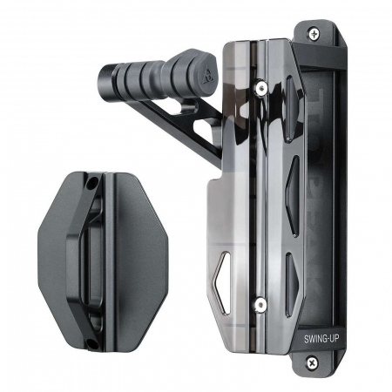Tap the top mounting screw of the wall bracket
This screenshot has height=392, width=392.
pos(313,33)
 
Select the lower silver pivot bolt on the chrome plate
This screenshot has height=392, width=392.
pos(258,304)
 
